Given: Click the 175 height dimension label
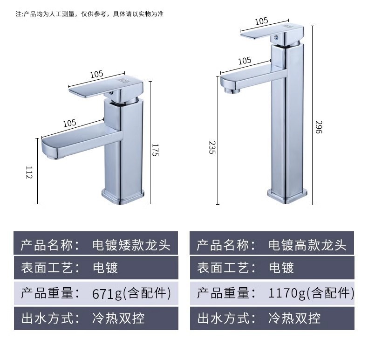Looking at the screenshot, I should click(155, 150).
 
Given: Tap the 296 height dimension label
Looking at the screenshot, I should click(319, 127).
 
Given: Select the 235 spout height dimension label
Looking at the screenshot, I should click(212, 147).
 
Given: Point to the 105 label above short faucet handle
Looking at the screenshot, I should click(96, 74).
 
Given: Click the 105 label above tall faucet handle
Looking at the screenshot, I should click(261, 21).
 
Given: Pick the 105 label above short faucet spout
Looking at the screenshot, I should click(69, 123).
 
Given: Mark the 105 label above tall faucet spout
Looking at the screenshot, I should click(245, 61).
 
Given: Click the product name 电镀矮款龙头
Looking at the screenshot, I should click(131, 245).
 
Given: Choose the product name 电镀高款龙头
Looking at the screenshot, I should click(307, 245).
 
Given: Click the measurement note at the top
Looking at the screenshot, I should click(89, 14).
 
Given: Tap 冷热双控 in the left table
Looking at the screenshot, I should click(118, 318).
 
